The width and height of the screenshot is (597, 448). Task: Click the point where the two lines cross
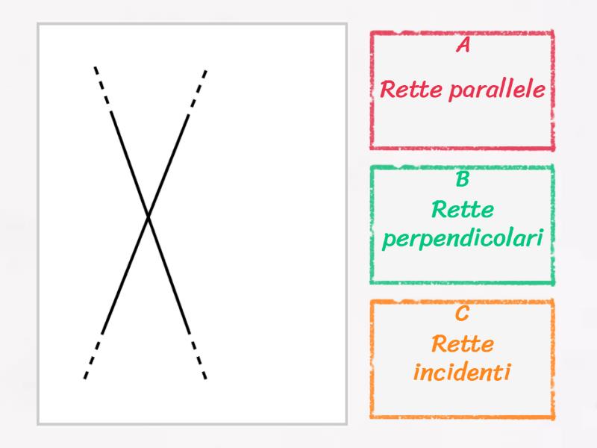[x=149, y=217]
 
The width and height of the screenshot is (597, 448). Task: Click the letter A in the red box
[x=463, y=46]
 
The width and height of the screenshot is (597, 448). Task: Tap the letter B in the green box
[x=462, y=180]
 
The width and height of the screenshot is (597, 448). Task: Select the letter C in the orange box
[x=462, y=314]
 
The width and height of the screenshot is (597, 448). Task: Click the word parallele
[x=496, y=91]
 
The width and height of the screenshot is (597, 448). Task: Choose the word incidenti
[x=462, y=371]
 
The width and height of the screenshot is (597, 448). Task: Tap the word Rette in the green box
[x=462, y=211]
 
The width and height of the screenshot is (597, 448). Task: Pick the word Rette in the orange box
[x=462, y=345]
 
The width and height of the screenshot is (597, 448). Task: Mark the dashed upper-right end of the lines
[x=197, y=89]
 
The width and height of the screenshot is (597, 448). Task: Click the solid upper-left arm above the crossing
[x=130, y=163]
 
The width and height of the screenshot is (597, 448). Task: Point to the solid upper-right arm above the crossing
[x=169, y=163]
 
